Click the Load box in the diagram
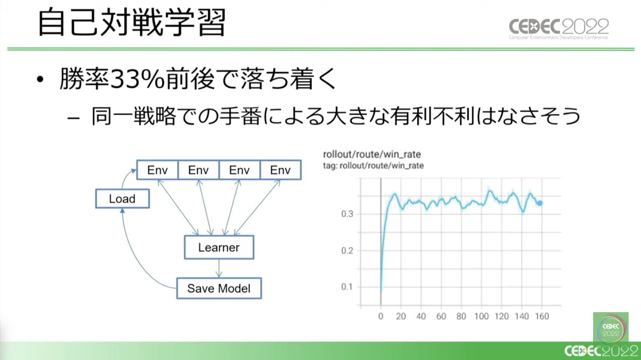[x=122, y=198]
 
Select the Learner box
[x=219, y=248]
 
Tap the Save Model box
[x=219, y=288]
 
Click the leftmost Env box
[x=157, y=170]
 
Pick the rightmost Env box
[x=280, y=170]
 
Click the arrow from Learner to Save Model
[x=219, y=268]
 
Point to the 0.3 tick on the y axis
[x=347, y=214]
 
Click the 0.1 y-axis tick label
[x=347, y=287]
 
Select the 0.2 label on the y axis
[x=347, y=251]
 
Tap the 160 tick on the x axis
[x=542, y=316]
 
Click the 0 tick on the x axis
[x=381, y=316]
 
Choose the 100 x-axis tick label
[x=482, y=316]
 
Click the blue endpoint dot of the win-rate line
[x=540, y=203]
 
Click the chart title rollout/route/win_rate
[x=372, y=155]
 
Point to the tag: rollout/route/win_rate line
[x=373, y=166]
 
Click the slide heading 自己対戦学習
[x=132, y=22]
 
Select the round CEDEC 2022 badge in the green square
[x=611, y=330]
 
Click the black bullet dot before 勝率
[x=40, y=79]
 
